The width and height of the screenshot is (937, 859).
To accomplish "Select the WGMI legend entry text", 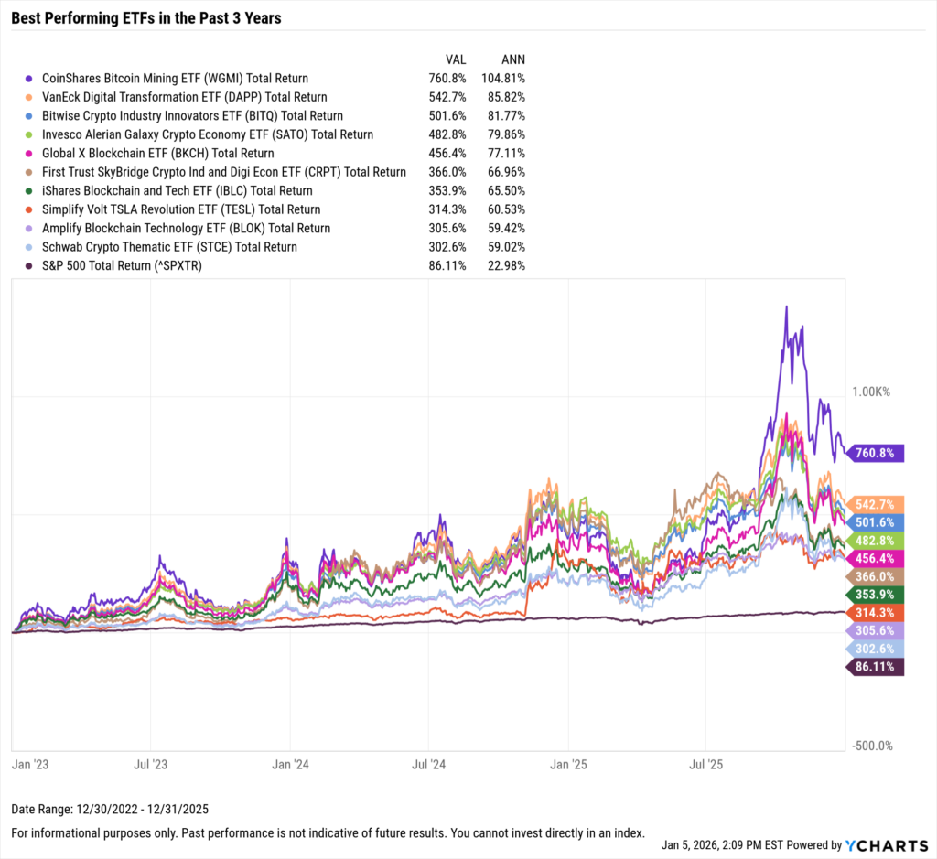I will point(175,79).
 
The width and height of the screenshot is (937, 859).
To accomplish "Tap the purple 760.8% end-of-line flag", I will point(876,453).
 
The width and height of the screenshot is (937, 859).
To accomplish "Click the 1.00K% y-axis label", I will point(870,392).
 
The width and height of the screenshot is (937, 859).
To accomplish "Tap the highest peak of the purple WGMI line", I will point(785,306).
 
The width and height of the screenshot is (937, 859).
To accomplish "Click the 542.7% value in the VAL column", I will point(447,97).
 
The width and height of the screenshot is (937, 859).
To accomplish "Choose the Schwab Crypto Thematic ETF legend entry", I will point(169,247).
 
